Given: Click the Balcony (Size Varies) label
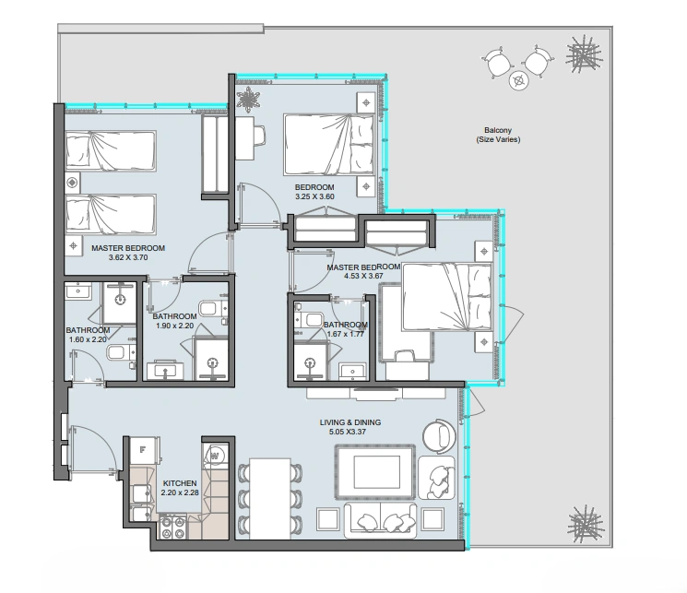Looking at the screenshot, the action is [x=498, y=135].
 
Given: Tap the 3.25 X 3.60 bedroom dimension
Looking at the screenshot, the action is [x=314, y=196].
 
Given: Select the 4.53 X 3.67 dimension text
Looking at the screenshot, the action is [x=363, y=276].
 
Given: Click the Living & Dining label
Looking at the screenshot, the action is [x=350, y=422].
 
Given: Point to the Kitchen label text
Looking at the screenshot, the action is [x=180, y=483].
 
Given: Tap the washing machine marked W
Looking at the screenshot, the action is [x=215, y=456].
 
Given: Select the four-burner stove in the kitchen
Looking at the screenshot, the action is [x=172, y=528].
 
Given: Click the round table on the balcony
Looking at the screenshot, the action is [x=519, y=80].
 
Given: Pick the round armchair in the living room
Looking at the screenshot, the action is [x=439, y=435].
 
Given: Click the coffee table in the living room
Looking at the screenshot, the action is [x=375, y=472].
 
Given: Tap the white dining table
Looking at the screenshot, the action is [x=270, y=498].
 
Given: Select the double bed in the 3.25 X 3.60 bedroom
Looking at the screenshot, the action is [x=328, y=145].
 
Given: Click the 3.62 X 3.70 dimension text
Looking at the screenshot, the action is [x=128, y=257].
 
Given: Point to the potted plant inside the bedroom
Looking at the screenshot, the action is [x=248, y=99].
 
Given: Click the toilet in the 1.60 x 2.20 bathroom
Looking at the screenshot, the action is [x=122, y=352].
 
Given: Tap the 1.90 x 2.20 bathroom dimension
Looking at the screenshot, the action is [x=174, y=326].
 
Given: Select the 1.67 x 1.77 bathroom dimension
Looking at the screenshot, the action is [x=346, y=334].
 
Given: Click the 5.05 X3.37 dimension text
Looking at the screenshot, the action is [x=348, y=432].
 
